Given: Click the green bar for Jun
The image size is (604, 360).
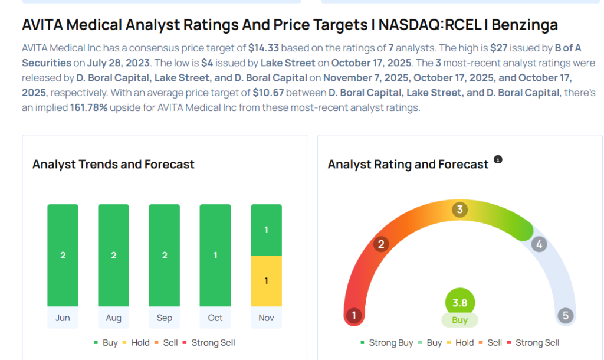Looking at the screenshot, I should point(63,256).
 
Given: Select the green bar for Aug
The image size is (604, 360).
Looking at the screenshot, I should point(113,256).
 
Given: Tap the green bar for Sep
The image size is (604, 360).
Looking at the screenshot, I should point(164,256).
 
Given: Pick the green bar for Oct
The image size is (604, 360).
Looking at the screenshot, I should point(215,256).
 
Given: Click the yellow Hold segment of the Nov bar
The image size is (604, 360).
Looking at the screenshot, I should point(266,281).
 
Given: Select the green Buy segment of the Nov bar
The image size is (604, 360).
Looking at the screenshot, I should point(266,230).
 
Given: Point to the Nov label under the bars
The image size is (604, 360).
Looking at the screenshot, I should point(266,318).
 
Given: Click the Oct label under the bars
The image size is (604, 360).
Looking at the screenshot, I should point(215,318).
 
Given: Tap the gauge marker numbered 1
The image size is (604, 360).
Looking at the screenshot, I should point(354,316).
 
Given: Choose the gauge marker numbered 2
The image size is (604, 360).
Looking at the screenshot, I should point(382,244).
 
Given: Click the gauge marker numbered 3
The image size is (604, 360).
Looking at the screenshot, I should point(459,210).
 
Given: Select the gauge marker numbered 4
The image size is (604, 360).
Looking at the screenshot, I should point(538,244).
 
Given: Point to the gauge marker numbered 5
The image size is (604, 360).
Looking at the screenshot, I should point(566,316).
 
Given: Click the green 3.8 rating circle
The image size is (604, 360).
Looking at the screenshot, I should point(459,303).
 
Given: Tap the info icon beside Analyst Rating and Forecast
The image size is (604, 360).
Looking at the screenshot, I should point(498,160).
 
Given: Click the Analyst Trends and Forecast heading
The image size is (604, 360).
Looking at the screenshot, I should point(113,165).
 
